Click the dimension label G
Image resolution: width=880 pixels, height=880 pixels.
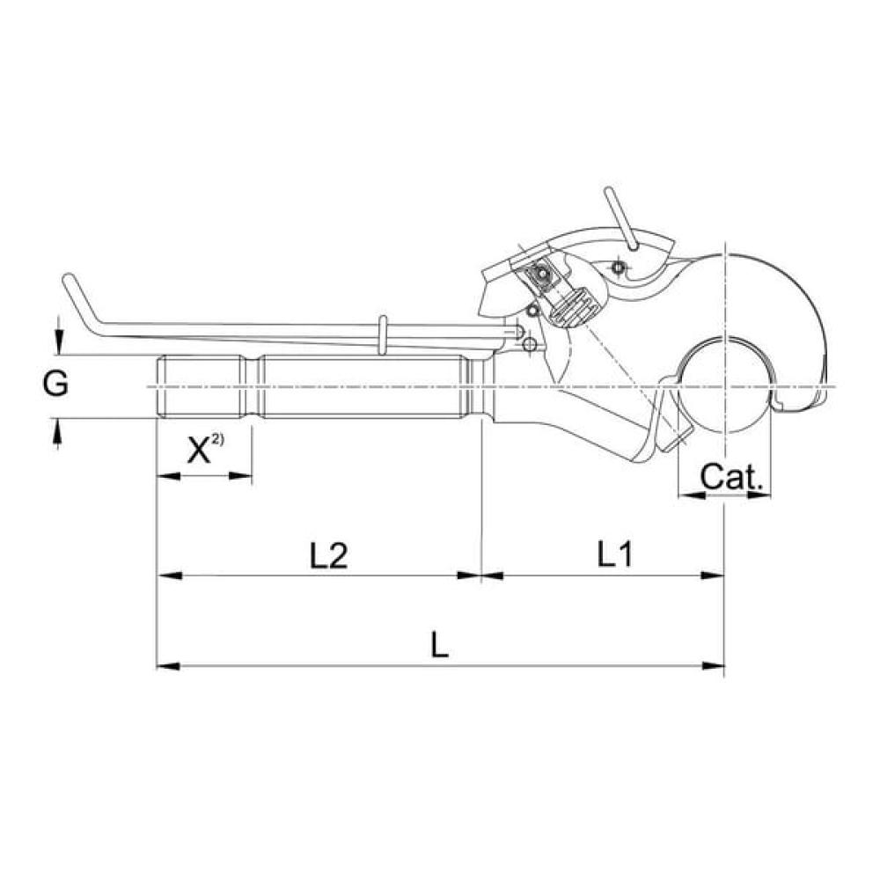(x=55, y=385)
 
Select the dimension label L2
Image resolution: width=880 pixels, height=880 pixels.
(x=329, y=555)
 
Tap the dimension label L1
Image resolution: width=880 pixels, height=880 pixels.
(x=615, y=554)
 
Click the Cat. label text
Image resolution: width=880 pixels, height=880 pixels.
(x=732, y=477)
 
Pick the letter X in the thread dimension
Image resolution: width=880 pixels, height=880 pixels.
(x=199, y=451)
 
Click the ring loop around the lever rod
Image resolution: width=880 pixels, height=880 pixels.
(x=383, y=335)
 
